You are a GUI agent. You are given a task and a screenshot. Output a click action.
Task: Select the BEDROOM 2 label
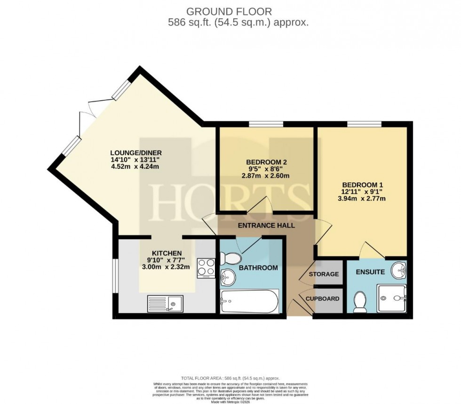pyautogui.click(x=266, y=162)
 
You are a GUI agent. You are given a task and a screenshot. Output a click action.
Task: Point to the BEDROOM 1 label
pyautogui.click(x=363, y=184)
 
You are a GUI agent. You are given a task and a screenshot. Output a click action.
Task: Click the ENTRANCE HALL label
pyautogui.click(x=266, y=225)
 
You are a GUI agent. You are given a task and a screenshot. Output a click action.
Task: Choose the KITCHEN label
pyautogui.click(x=166, y=253)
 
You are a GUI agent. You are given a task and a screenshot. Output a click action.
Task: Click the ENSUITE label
pyautogui.click(x=370, y=272)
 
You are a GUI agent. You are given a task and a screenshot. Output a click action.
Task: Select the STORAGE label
pyautogui.click(x=324, y=274)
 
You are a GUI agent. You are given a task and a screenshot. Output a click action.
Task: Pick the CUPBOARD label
pyautogui.click(x=323, y=298)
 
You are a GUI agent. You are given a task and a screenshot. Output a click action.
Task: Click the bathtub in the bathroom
pyautogui.click(x=249, y=301)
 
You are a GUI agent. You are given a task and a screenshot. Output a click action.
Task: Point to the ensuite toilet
pyautogui.click(x=360, y=301)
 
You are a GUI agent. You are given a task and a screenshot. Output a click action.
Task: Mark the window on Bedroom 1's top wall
pyautogui.click(x=364, y=124)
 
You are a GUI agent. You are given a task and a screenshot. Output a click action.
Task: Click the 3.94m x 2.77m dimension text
pyautogui.click(x=363, y=198)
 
